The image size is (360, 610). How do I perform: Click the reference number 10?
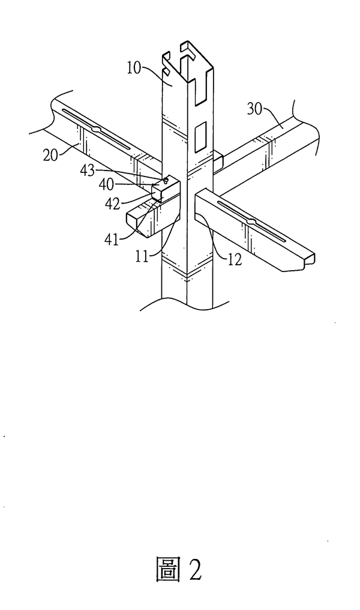(134, 68)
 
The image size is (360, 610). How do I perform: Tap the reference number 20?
(50, 156)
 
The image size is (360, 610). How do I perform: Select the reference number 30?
(255, 109)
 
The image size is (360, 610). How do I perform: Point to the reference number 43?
(88, 170)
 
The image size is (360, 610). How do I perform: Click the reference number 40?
(106, 184)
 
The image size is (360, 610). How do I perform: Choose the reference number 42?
(113, 204)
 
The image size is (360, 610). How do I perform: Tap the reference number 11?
(142, 256)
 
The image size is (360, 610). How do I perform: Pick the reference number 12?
(235, 260)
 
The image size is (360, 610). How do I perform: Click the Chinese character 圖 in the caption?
(169, 569)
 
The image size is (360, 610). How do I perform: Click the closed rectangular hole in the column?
(200, 136)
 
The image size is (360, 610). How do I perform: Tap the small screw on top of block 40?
(166, 180)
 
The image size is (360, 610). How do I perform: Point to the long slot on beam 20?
(96, 128)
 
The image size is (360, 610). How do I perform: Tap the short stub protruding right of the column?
(218, 162)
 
